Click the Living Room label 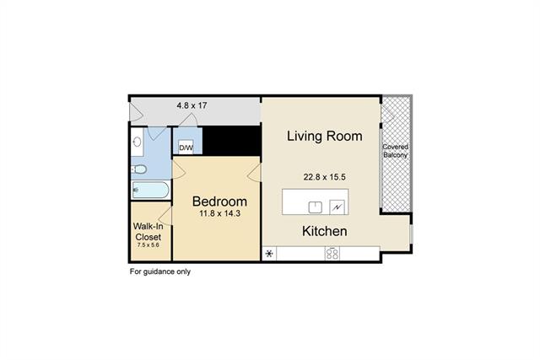point(324,136)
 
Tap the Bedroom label point(219,201)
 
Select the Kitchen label point(324,231)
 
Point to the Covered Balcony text point(396,151)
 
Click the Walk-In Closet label point(148,232)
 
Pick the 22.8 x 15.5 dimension point(324,177)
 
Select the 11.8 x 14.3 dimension point(219,213)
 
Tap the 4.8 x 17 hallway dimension point(192,105)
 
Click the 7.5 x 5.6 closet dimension point(148,245)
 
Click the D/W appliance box point(186,148)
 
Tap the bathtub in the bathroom point(150,190)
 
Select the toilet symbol point(139,169)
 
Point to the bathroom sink point(138,142)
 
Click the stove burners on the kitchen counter point(332,253)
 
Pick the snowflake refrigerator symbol point(269,254)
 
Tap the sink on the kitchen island point(315,207)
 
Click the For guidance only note point(160,271)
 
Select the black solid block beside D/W point(231,141)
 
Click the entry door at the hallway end point(137,111)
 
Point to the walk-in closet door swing point(165,217)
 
